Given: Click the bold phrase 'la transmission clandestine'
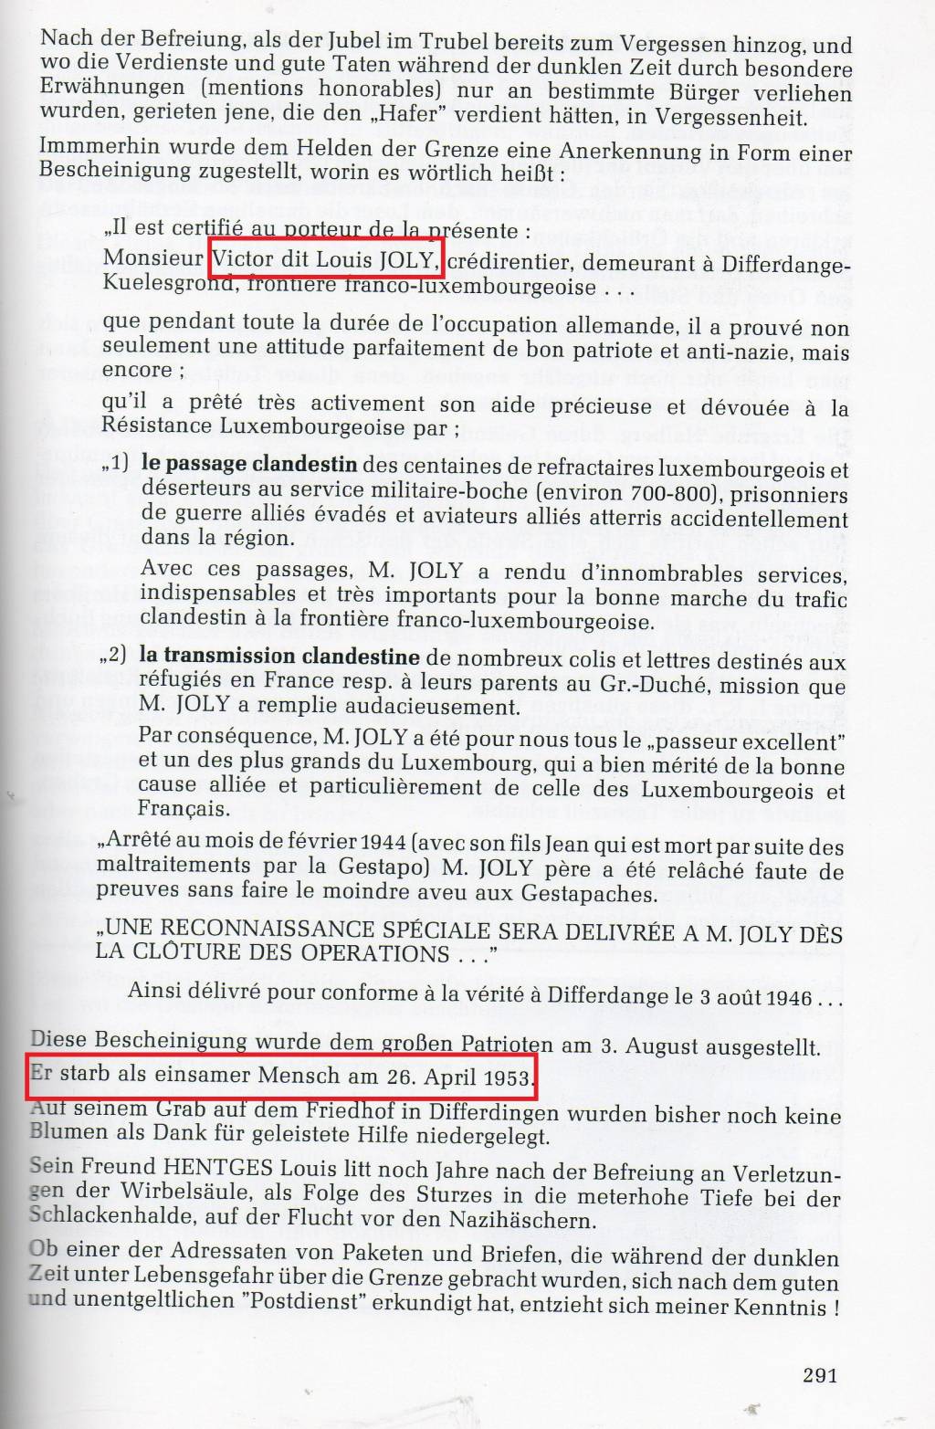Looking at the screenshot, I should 279,657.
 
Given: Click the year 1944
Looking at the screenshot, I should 386,846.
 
